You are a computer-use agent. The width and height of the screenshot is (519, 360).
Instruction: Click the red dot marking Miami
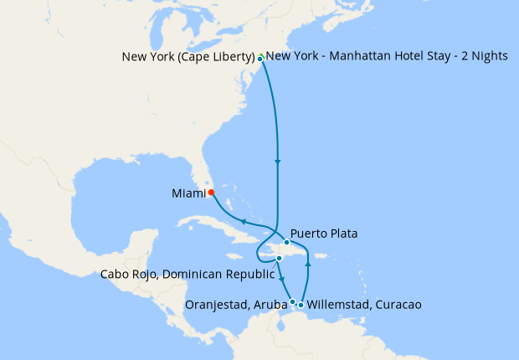tap(211, 192)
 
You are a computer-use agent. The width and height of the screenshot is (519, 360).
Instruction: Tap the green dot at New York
tap(261, 58)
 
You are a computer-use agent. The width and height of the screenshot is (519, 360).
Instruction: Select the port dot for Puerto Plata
tap(286, 243)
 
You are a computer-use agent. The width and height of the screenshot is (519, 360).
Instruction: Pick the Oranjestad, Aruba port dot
tap(292, 301)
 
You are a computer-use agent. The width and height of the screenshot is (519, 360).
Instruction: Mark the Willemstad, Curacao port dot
tap(301, 305)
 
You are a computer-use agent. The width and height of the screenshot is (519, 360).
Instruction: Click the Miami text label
tap(188, 193)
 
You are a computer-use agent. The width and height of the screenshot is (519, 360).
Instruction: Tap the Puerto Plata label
tap(324, 234)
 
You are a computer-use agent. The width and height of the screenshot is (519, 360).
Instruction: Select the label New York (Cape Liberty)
tap(188, 57)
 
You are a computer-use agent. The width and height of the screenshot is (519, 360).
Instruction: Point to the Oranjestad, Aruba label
tap(234, 305)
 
